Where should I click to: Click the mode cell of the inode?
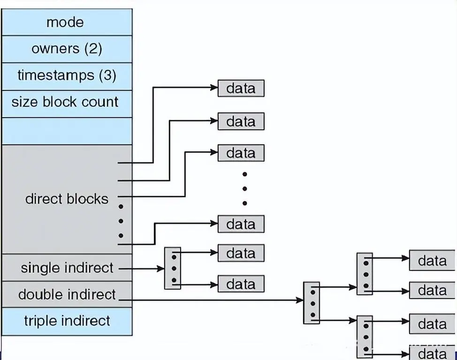65,22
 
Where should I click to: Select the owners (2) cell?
67,49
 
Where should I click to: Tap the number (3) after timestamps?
107,75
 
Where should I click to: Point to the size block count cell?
65,102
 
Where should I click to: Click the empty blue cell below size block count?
67,130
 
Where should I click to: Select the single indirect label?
67,268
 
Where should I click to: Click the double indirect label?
67,295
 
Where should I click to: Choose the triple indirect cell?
67,321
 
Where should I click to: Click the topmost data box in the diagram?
241,88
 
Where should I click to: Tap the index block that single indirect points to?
172,268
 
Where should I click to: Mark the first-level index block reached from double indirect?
311,303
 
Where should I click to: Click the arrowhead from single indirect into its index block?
161,269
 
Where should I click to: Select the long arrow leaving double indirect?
211,300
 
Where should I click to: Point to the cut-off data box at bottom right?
432,352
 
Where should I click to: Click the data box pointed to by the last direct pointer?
241,224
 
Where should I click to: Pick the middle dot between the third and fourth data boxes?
244,189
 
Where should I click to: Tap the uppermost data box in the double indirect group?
432,260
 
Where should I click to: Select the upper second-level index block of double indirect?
365,274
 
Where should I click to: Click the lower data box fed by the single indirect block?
241,284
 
